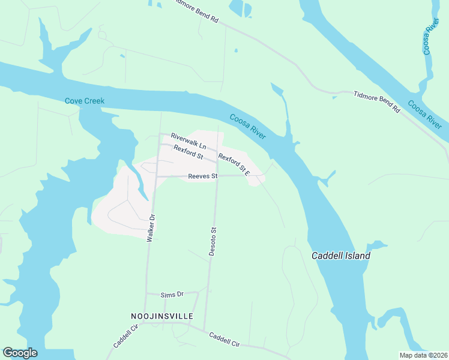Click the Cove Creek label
[x=85, y=101]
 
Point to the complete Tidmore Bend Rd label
[x=376, y=101]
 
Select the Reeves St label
[x=202, y=176]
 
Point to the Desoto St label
[x=212, y=241]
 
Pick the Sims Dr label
[x=171, y=295]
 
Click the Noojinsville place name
[x=161, y=316]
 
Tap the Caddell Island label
[x=340, y=256]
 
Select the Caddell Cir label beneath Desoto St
[x=224, y=340]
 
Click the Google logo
[x=20, y=353]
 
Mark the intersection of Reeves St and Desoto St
[x=217, y=176]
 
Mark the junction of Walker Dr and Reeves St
[x=157, y=176]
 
